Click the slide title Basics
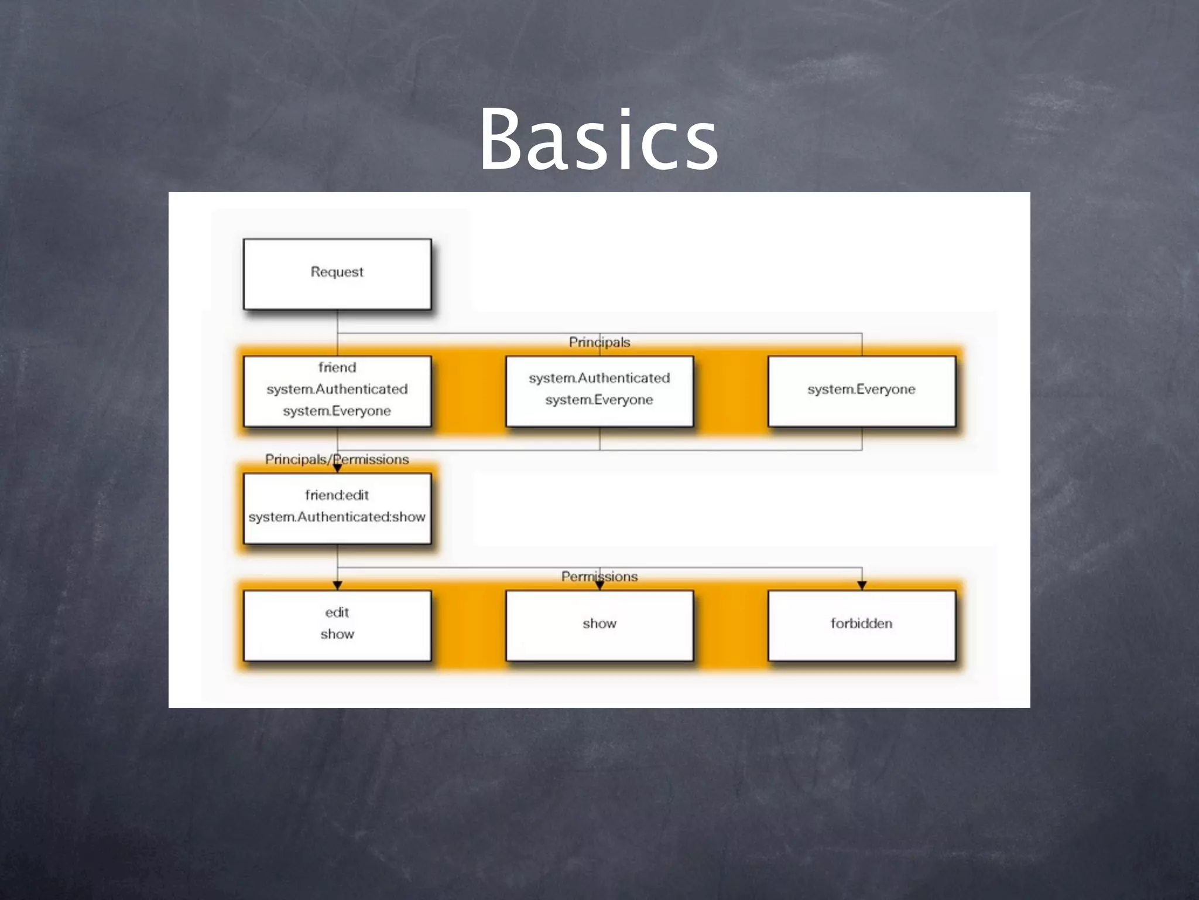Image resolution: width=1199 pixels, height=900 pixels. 599,141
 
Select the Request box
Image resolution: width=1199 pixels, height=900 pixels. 337,274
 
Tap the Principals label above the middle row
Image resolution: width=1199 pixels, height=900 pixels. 599,342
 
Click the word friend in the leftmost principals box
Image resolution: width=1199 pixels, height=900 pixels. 337,367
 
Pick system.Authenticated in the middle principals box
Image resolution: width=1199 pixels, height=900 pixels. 599,378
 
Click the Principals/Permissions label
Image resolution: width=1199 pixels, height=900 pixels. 337,459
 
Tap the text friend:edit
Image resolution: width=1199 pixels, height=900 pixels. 337,495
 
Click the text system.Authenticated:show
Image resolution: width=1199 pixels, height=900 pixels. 337,517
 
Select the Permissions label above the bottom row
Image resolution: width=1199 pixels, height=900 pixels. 599,577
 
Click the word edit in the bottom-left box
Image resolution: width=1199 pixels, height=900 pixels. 337,612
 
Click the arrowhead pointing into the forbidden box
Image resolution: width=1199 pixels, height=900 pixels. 862,585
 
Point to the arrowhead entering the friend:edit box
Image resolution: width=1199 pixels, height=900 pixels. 337,468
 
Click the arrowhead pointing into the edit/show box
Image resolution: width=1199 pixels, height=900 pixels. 337,585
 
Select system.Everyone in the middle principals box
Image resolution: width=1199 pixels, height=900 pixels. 599,400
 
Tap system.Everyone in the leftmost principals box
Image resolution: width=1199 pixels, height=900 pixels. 337,411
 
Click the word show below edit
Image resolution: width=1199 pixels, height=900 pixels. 337,634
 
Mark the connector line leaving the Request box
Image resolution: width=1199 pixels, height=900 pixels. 337,322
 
